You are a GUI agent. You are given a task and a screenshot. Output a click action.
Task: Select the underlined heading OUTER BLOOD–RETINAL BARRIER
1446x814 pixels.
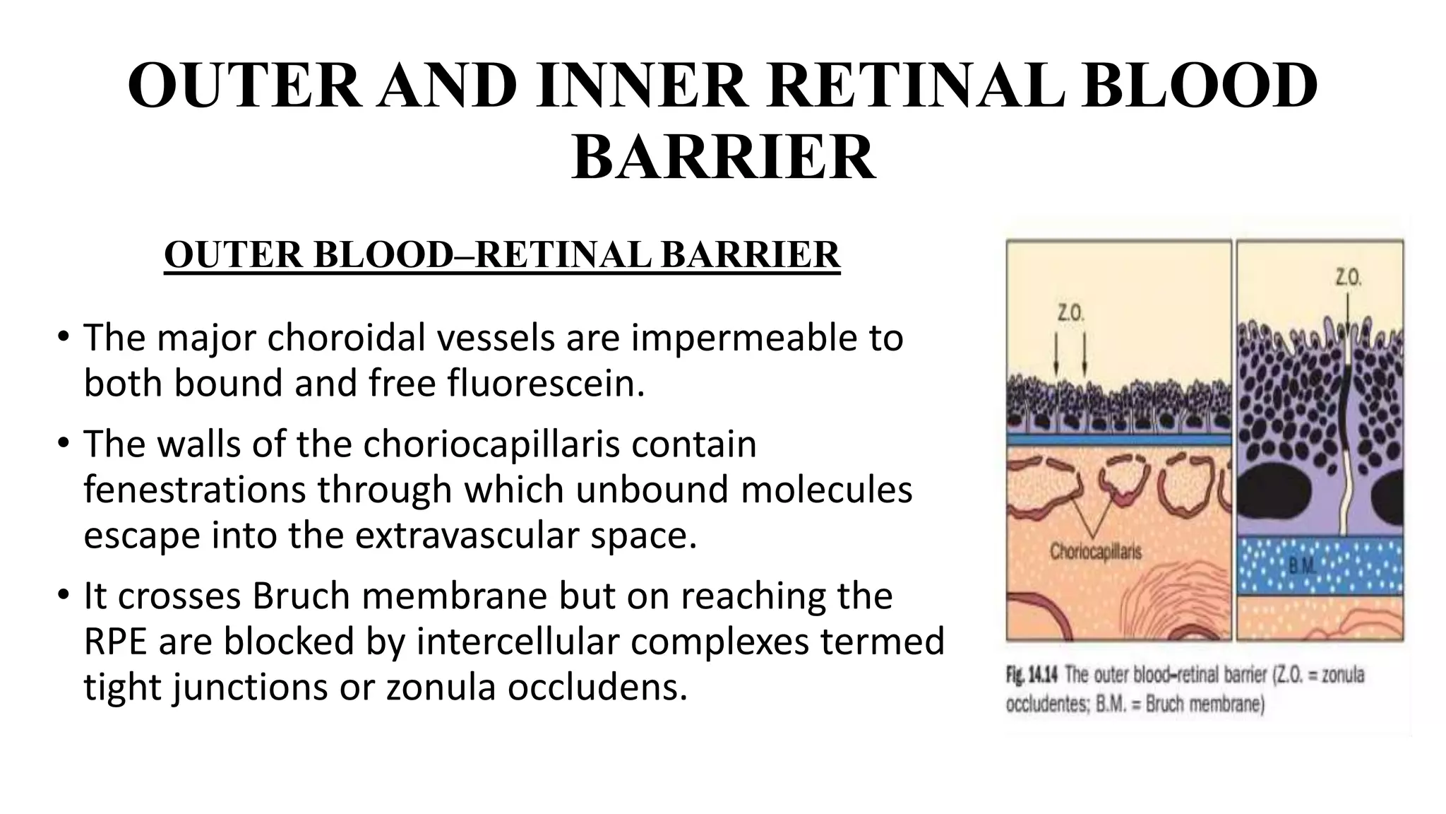[x=502, y=255]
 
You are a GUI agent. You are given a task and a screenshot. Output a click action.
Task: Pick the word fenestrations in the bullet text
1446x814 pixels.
[x=195, y=490]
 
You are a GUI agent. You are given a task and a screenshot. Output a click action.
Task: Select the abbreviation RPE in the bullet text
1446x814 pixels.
[x=114, y=641]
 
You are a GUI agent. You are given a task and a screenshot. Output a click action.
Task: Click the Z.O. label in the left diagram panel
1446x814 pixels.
[x=1070, y=312]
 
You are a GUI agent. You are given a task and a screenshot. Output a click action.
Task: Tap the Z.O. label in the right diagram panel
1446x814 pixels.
[x=1348, y=278]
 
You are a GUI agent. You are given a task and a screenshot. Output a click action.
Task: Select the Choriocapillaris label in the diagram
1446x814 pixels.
[x=1095, y=551]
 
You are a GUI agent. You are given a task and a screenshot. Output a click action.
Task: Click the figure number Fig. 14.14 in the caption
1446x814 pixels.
[x=1031, y=676]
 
